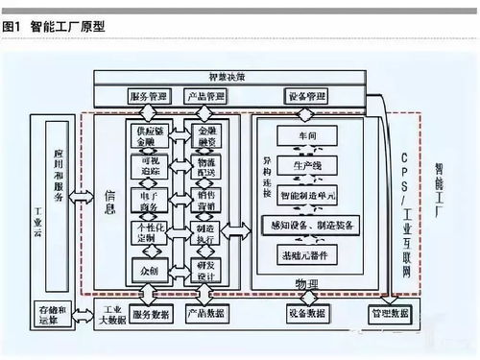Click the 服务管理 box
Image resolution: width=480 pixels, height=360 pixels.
pyautogui.click(x=148, y=97)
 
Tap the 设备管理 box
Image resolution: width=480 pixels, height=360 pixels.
pyautogui.click(x=305, y=97)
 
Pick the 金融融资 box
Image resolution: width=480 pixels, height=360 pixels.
pyautogui.click(x=207, y=134)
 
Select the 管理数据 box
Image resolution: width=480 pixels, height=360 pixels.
pyautogui.click(x=388, y=314)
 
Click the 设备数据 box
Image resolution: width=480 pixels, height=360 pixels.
pyautogui.click(x=305, y=314)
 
